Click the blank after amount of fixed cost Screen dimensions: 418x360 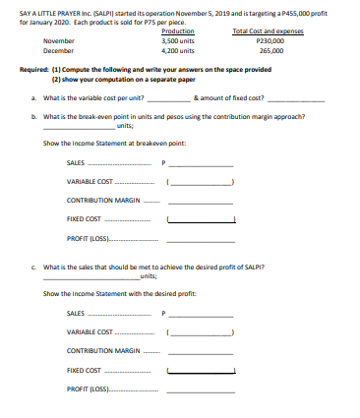coord(289,98)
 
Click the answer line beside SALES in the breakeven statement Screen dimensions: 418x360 coord(203,162)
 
